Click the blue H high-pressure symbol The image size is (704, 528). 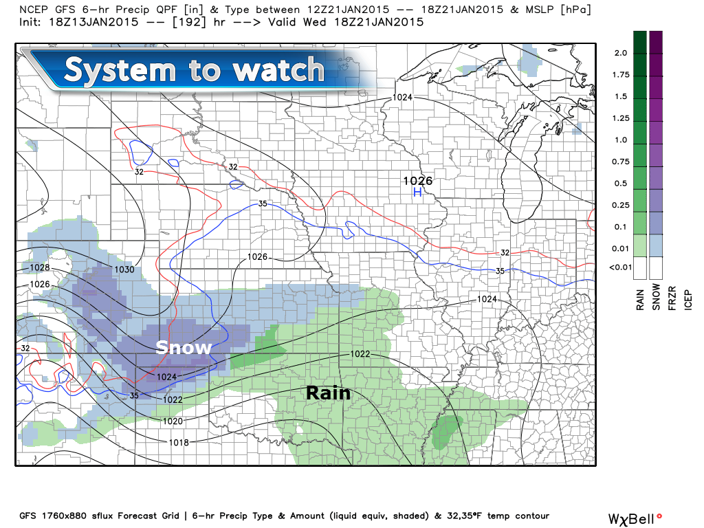(417, 192)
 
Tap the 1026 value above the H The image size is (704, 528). (417, 181)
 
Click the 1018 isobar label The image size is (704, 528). (178, 442)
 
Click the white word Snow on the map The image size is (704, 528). (184, 348)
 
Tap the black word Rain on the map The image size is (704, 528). (328, 393)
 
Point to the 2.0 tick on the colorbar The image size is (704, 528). (621, 53)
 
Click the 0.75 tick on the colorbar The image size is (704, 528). (621, 162)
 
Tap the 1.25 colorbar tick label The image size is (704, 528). (621, 118)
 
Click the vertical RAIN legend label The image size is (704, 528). (640, 297)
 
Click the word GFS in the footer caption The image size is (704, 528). (28, 516)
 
